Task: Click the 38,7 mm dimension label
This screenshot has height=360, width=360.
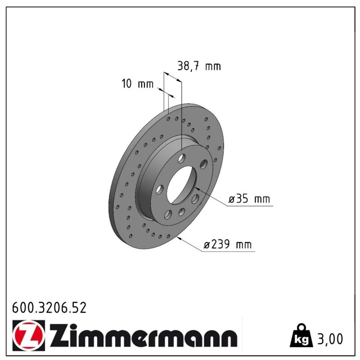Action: point(199,66)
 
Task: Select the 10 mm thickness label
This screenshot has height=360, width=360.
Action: point(137,84)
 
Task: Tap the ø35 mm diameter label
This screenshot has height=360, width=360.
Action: point(249,198)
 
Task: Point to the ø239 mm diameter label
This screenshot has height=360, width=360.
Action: point(228,244)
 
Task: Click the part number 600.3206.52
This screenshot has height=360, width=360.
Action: point(49,308)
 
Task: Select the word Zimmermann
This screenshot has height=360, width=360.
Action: point(144,336)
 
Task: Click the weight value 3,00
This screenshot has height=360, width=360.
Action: point(330,339)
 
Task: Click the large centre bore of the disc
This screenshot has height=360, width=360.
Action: point(182,185)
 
